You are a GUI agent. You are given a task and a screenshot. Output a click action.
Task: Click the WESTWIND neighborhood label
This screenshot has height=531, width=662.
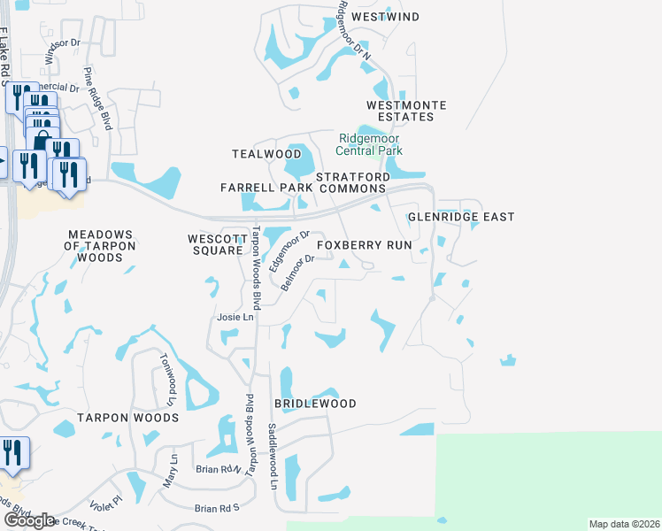[384, 17]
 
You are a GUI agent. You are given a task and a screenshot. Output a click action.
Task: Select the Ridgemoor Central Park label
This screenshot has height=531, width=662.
[371, 144]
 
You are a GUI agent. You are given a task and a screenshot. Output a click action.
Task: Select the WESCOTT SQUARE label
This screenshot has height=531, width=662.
[215, 244]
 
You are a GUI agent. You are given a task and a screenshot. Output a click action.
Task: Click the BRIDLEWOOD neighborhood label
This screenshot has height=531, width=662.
[315, 404]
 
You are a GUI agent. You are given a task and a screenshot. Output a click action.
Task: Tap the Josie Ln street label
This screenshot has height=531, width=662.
[235, 317]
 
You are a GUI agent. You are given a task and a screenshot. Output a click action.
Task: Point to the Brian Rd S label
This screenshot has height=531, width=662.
[218, 508]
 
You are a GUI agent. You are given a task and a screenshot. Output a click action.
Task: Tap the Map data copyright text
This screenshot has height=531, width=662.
[624, 524]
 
